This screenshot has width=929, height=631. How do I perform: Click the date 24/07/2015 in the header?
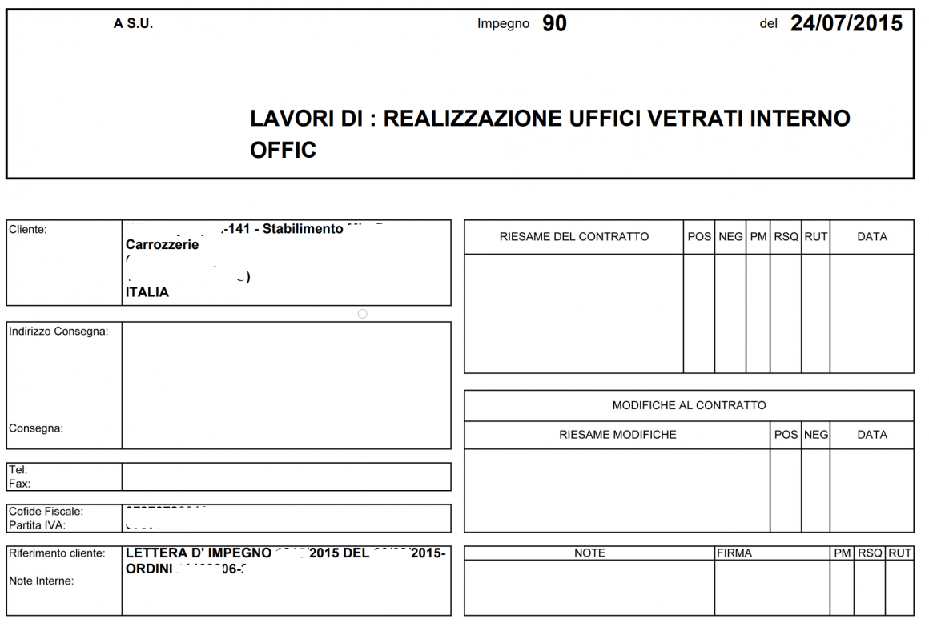coord(847,23)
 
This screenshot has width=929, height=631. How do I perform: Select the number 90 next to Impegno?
coord(554,24)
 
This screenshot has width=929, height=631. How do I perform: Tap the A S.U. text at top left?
coord(133,24)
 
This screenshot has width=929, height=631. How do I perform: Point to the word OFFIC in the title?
coord(283,150)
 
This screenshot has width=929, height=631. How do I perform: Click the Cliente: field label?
coord(28,230)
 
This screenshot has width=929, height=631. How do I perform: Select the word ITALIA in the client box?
coord(147,292)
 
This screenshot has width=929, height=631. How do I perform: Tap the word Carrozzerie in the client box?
coord(163,245)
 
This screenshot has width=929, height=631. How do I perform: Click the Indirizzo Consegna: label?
coord(58,332)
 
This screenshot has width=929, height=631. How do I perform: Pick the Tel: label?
coord(18,470)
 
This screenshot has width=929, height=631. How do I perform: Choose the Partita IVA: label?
coord(37,525)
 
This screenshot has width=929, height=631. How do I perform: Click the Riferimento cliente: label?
coord(57,553)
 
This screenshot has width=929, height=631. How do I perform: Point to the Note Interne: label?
coord(41,581)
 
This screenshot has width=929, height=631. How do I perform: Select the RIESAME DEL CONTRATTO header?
coord(573,237)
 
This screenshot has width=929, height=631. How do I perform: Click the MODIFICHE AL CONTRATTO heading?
coord(689,405)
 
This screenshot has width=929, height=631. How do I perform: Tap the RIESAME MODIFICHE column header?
coord(617,435)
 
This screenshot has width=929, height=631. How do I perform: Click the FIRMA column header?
coord(734,553)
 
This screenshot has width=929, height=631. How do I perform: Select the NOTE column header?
coord(589,553)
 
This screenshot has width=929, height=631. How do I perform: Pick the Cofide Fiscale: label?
coord(46,511)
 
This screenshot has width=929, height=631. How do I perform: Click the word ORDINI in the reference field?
coord(148,569)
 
